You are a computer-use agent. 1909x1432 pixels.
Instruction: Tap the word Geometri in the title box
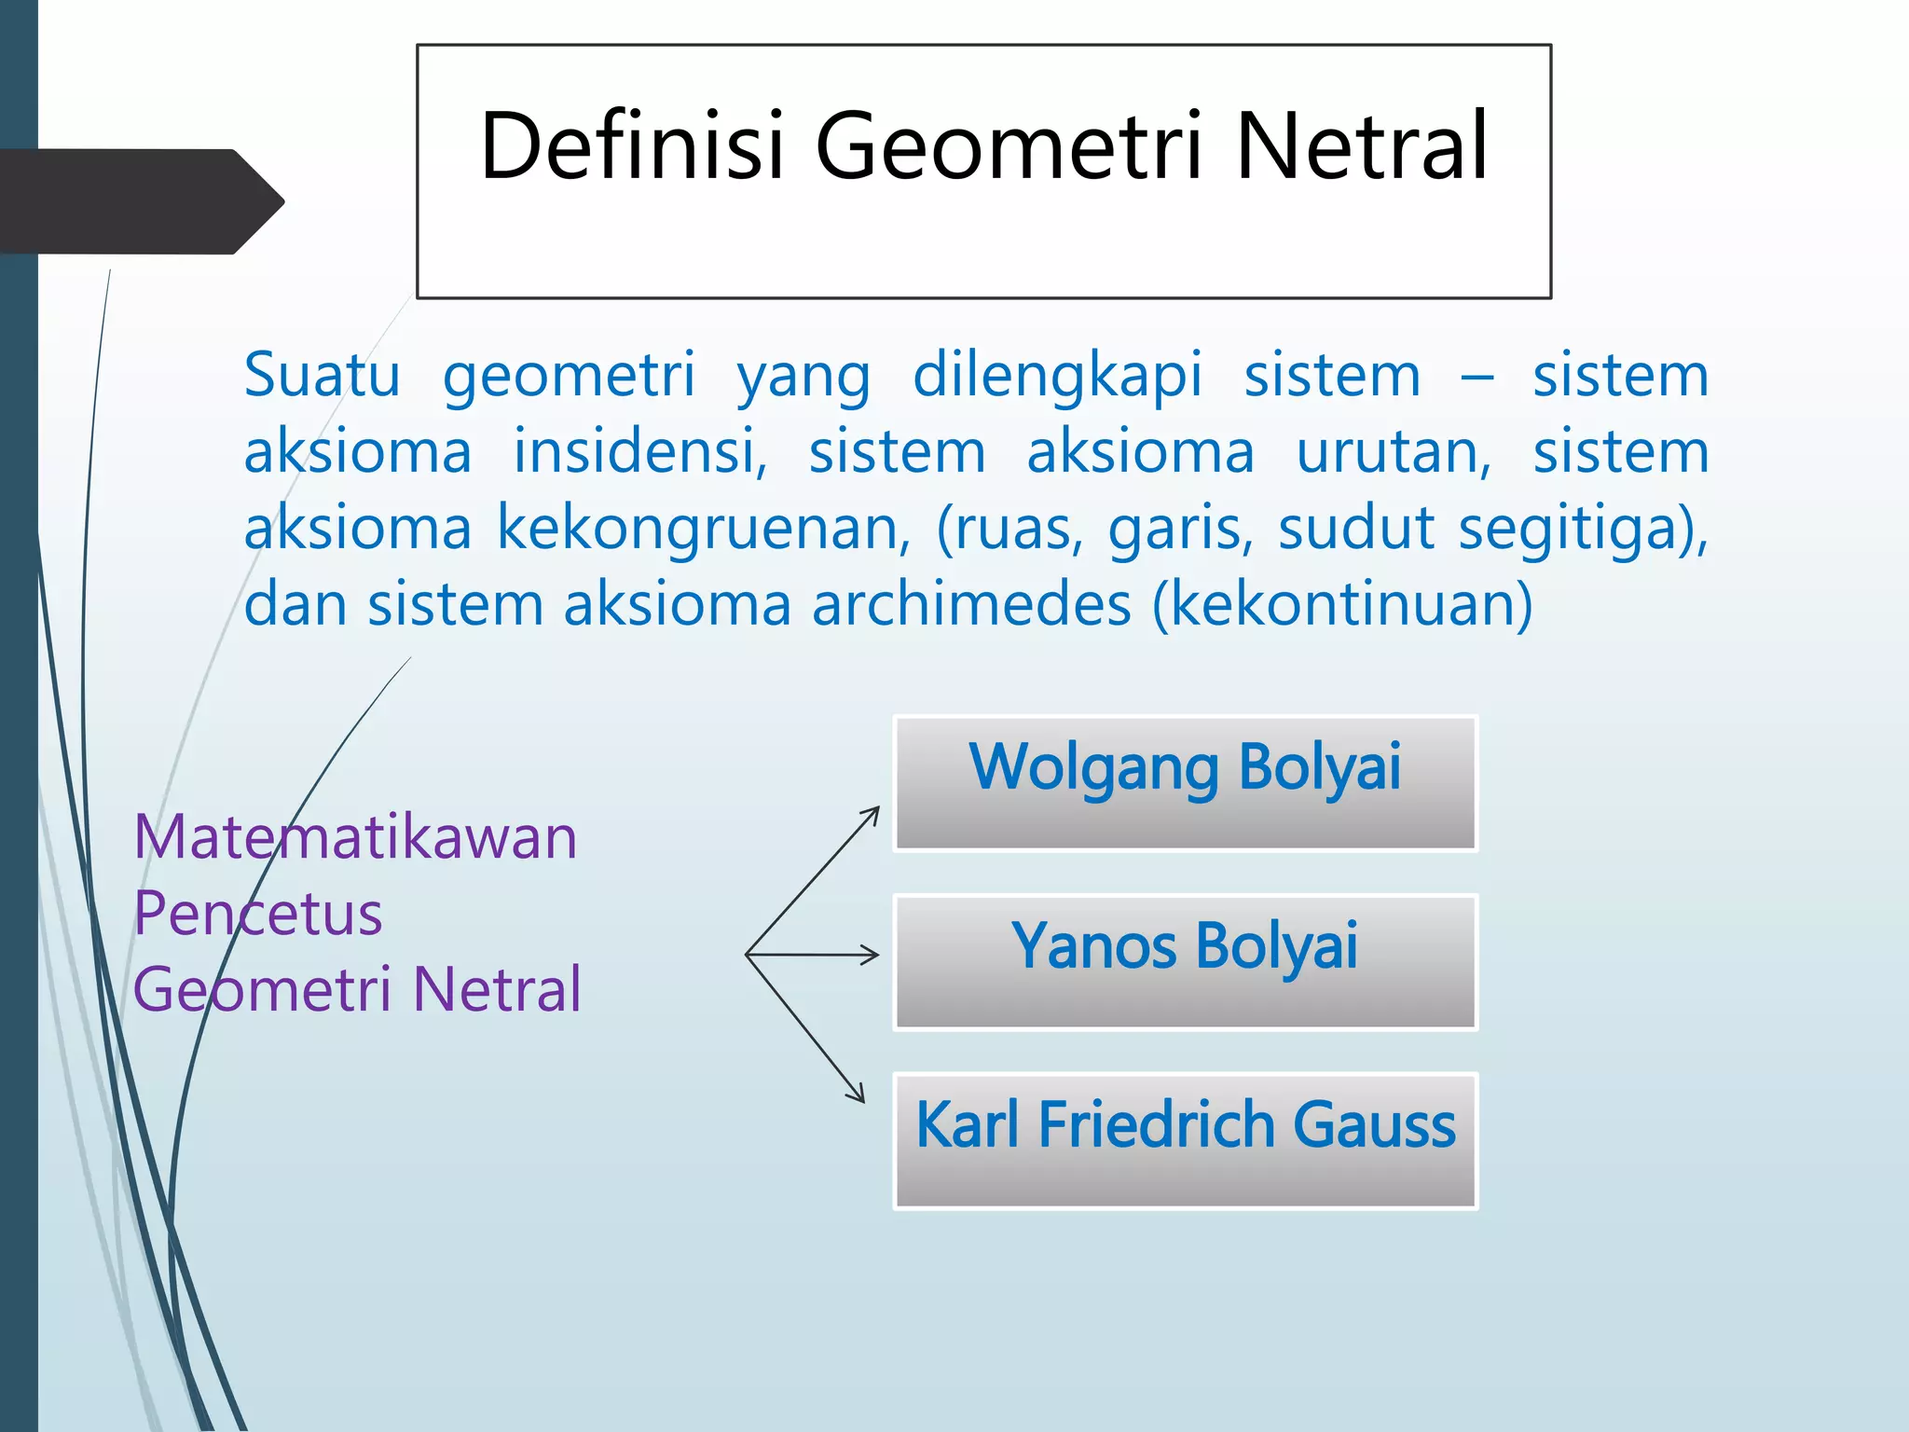pos(1011,146)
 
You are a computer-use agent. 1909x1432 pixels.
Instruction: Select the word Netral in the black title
pos(1362,146)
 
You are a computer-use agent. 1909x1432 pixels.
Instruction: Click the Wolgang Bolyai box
pos(1185,783)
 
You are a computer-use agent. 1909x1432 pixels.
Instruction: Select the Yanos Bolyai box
pos(1185,962)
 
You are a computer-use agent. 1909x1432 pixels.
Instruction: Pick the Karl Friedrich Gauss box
pos(1185,1141)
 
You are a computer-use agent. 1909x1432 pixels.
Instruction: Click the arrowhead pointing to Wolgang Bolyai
pos(873,813)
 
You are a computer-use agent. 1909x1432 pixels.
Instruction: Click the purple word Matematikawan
pos(355,837)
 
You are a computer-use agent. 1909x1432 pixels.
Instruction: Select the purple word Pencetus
pos(257,914)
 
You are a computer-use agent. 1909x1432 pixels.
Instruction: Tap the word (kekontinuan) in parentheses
pos(1342,605)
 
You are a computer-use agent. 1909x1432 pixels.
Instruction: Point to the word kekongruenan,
pos(703,529)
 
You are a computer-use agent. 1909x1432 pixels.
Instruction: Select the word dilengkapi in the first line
pos(1057,376)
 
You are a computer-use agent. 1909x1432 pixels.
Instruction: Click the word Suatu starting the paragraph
pos(322,376)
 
